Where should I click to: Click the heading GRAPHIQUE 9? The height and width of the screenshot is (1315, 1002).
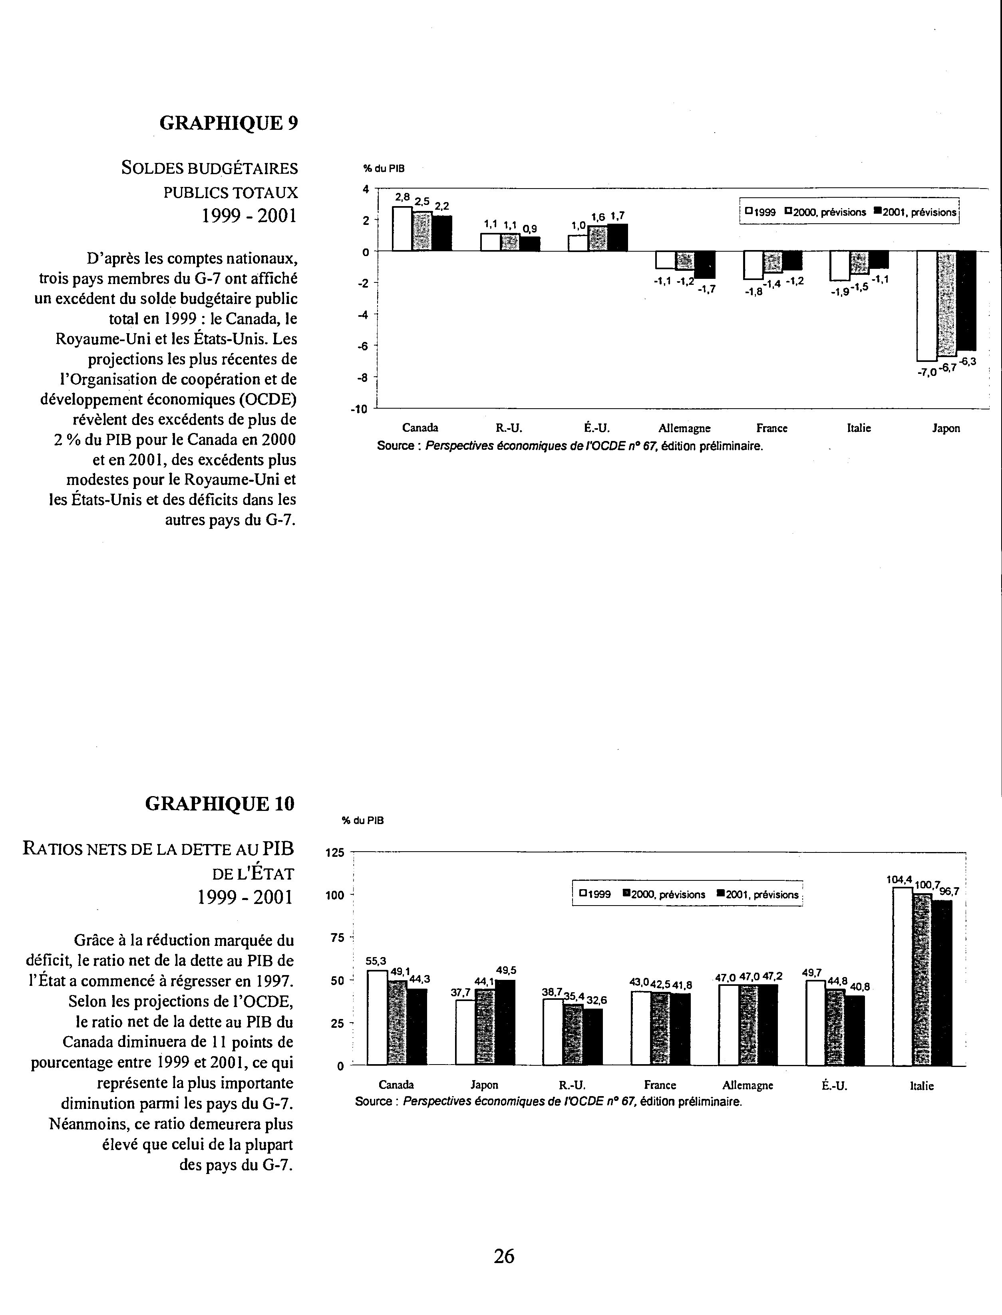pyautogui.click(x=229, y=123)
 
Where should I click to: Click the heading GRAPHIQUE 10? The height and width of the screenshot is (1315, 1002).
pyautogui.click(x=219, y=804)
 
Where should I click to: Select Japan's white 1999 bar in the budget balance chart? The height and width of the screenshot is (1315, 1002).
pyautogui.click(x=926, y=305)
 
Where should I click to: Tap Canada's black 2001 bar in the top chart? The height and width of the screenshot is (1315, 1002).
pyautogui.click(x=442, y=233)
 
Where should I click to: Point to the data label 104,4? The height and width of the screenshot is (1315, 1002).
pyautogui.click(x=899, y=879)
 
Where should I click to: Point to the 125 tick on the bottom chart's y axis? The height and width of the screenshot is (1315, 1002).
pyautogui.click(x=334, y=853)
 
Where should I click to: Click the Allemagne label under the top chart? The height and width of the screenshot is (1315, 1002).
pyautogui.click(x=684, y=428)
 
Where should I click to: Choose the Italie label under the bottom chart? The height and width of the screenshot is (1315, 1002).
pyautogui.click(x=921, y=1086)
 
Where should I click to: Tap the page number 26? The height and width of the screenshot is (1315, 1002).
pyautogui.click(x=504, y=1257)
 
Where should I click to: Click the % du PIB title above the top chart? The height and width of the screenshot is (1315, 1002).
pyautogui.click(x=384, y=169)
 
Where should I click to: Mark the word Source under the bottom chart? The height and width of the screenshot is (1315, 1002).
pyautogui.click(x=373, y=1102)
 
